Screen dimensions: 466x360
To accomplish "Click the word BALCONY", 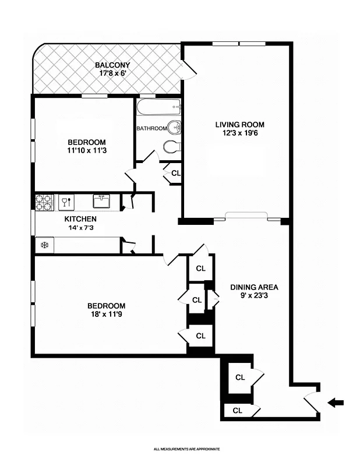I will (112, 65).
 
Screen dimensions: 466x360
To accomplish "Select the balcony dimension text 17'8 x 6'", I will (111, 74).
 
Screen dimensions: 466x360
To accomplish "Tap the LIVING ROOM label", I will (239, 124).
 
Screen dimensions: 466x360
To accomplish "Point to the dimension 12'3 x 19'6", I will (239, 133).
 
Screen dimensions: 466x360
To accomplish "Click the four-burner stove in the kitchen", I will (44, 202).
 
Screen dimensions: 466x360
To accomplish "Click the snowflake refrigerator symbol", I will (44, 245).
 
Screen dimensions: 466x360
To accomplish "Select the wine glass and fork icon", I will (65, 202).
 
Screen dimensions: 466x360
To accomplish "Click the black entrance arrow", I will (336, 402).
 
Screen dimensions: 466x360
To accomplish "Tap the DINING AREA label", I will (254, 287).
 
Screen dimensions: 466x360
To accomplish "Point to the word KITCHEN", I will (80, 219).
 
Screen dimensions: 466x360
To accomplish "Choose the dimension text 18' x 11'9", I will (106, 315).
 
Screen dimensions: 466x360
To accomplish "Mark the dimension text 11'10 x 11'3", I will (86, 151).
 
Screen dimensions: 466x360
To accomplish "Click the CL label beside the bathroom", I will (176, 173).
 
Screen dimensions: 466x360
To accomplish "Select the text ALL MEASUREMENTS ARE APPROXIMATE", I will (186, 449).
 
